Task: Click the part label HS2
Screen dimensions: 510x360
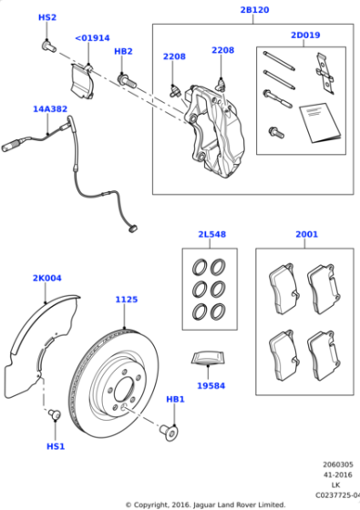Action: [46, 18]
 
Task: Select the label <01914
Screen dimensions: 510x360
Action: [91, 38]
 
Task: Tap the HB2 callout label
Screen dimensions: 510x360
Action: [123, 52]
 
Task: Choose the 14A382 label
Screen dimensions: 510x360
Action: [50, 109]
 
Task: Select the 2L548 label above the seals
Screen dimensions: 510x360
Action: [211, 234]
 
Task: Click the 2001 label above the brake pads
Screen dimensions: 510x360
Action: [307, 234]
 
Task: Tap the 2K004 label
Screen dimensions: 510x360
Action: [46, 278]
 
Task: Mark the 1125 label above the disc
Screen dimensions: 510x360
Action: [127, 300]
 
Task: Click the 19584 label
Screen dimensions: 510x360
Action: [210, 386]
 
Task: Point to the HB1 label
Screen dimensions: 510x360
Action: [175, 400]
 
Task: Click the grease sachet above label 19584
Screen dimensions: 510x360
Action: [209, 358]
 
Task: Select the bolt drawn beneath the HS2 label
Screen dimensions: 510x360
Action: [49, 42]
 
